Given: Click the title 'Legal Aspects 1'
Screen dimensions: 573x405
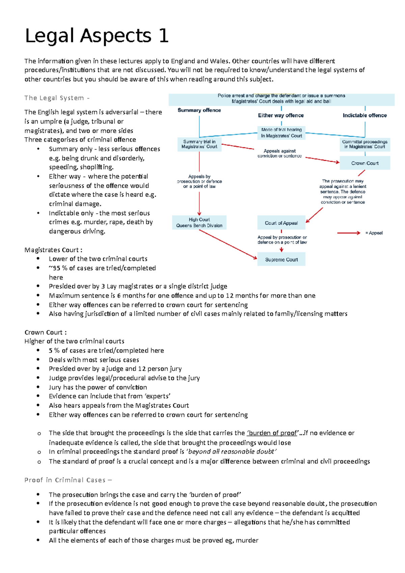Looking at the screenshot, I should (97, 36).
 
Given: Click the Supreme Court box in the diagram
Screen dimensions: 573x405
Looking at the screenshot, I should (281, 259).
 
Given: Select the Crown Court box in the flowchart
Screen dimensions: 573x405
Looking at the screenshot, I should (364, 163).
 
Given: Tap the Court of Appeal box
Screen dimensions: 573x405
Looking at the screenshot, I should (281, 223).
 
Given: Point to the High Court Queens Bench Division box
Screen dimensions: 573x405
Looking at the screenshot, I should (199, 223).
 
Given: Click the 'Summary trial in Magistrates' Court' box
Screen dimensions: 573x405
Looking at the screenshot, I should (199, 144).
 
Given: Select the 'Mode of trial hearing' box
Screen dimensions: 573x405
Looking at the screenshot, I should (281, 133).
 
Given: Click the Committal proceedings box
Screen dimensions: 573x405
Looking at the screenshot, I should (364, 144).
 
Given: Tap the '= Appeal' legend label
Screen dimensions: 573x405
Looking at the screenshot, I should (374, 233).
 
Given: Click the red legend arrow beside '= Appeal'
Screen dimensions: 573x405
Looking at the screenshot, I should (349, 233).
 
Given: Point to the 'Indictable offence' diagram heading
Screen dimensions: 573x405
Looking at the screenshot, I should (364, 115).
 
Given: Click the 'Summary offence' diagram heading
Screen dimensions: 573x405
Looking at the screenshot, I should (199, 110).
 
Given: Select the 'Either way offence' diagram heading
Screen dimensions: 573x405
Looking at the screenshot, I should (281, 115).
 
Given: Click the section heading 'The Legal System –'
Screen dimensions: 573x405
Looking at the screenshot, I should (57, 98).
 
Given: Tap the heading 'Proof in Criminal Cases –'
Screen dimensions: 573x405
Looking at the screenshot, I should (68, 480).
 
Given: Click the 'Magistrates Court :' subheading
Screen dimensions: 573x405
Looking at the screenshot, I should (53, 250).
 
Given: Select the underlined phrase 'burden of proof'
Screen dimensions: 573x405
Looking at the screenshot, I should (273, 433).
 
